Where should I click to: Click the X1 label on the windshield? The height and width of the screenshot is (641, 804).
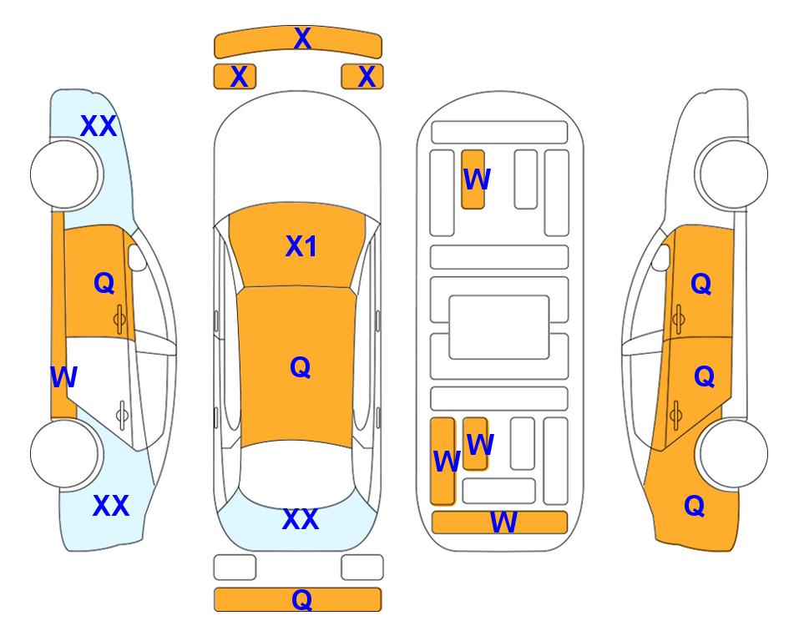(x=301, y=246)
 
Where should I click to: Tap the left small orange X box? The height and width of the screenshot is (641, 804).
(x=235, y=77)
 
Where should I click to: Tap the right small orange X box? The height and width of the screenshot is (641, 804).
(x=362, y=77)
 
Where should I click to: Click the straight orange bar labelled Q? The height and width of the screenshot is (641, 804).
(x=298, y=599)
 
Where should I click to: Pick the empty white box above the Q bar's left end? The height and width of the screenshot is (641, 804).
(x=235, y=568)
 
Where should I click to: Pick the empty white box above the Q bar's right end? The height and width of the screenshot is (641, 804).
(x=362, y=568)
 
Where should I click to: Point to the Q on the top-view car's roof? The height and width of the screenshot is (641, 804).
(x=300, y=367)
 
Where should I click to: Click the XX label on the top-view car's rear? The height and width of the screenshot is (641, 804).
(x=301, y=519)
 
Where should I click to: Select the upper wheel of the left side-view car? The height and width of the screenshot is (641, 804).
(x=64, y=174)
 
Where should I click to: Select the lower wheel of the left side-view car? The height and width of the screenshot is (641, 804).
(x=64, y=453)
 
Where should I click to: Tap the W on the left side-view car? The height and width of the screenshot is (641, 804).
(x=63, y=377)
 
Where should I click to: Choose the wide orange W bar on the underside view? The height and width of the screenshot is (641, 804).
(x=500, y=522)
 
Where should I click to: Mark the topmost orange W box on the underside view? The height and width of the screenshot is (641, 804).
(x=473, y=179)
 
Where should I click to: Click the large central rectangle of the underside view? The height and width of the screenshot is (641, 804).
(x=499, y=327)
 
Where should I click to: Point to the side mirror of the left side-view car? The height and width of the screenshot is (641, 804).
(x=137, y=258)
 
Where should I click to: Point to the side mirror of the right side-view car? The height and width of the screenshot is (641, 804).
(x=661, y=258)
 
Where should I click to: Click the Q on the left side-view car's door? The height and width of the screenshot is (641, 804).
(x=104, y=283)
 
